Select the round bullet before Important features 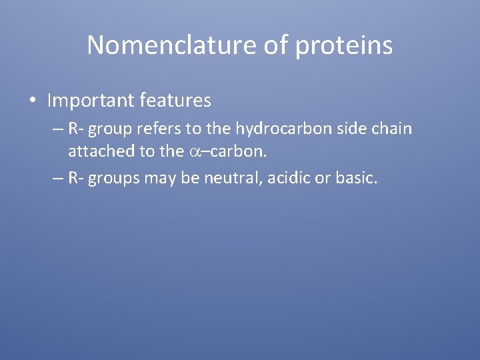[x=32, y=101]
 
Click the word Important [x=91, y=101]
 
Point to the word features [x=176, y=101]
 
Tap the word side [x=355, y=129]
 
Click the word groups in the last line [x=115, y=179]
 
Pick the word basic [x=357, y=179]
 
